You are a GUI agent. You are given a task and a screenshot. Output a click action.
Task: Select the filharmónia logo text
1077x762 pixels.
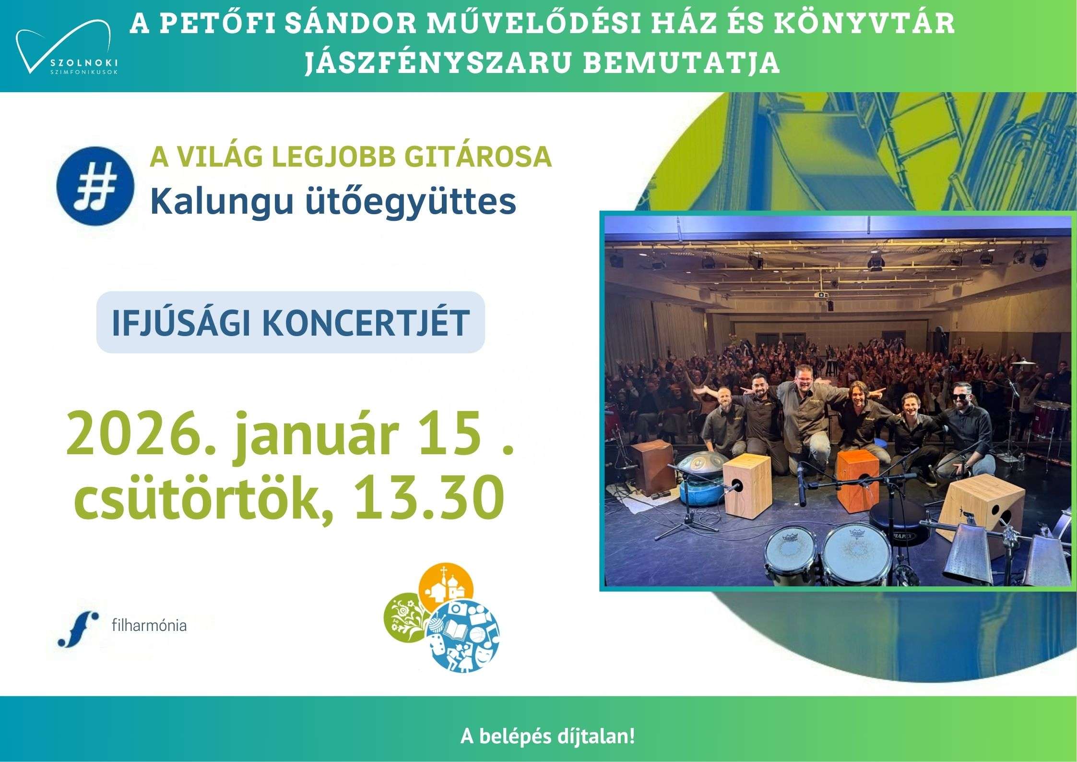pyautogui.click(x=149, y=626)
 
